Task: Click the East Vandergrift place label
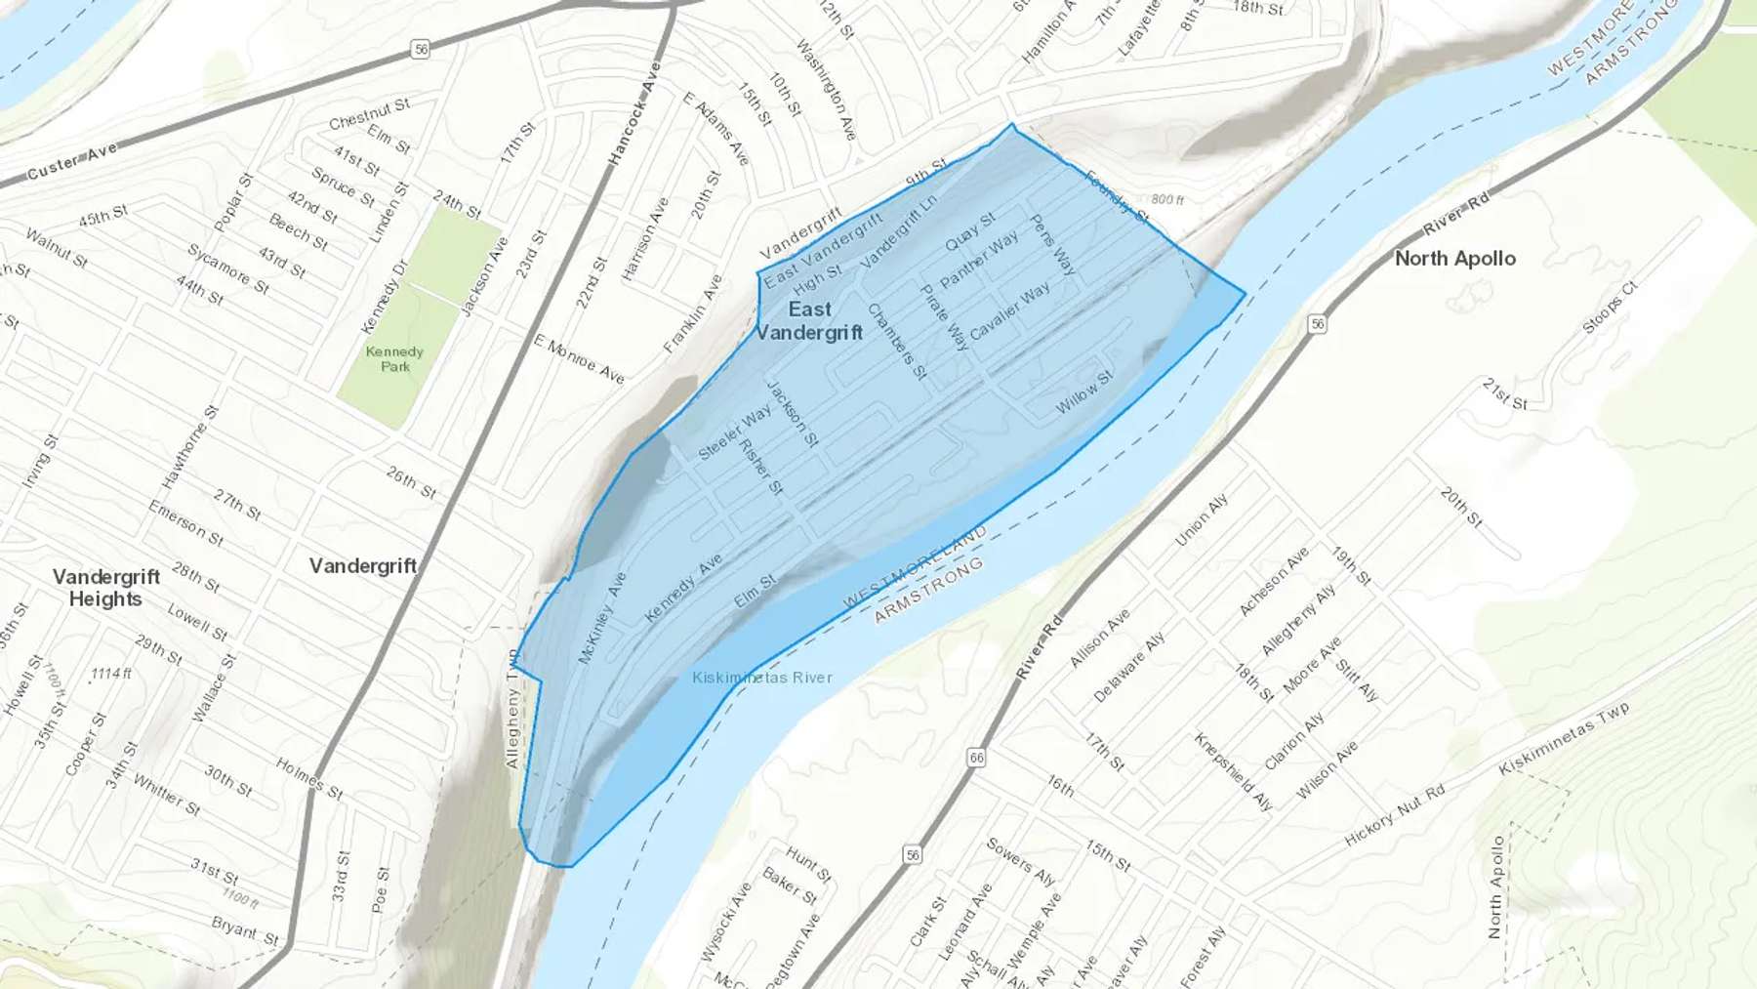809,321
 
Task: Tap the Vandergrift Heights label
105,588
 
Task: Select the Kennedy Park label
394,359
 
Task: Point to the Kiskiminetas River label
761,678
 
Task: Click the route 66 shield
976,757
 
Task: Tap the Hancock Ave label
635,114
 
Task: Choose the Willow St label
1084,392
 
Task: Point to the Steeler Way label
734,433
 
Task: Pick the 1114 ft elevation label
110,674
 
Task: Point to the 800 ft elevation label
1166,199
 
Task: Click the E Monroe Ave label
579,358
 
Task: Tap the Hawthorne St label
189,448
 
